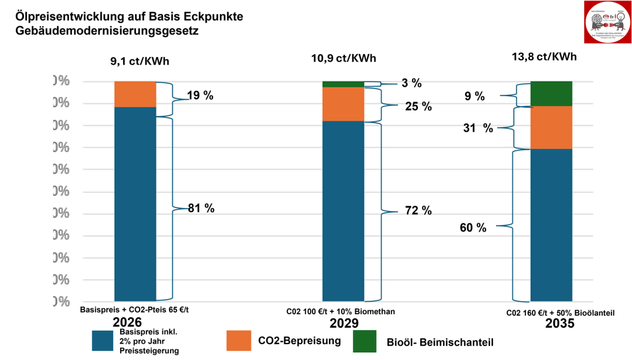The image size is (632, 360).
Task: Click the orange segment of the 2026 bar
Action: [x=135, y=94]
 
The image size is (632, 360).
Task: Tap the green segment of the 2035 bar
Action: [x=551, y=93]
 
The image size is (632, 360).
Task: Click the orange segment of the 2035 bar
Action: [x=551, y=127]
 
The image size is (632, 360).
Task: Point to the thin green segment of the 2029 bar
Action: [x=343, y=84]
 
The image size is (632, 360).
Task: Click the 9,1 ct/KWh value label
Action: [x=135, y=61]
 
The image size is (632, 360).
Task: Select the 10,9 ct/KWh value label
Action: [x=344, y=58]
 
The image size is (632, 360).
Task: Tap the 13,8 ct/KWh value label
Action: [x=543, y=57]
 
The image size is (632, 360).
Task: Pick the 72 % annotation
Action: [x=419, y=210]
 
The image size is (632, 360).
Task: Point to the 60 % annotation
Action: [x=473, y=227]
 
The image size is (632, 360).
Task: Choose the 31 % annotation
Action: [x=478, y=128]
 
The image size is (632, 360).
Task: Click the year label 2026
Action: [x=128, y=323]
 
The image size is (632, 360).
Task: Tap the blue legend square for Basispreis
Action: [x=103, y=341]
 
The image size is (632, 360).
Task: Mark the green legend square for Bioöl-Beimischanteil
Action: [x=364, y=341]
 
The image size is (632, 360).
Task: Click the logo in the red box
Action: [x=607, y=22]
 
